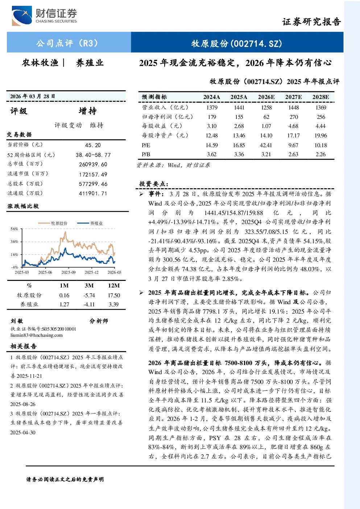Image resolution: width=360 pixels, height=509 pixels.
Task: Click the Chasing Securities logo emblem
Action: [22, 16]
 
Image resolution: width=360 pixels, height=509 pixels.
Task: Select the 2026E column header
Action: [266, 97]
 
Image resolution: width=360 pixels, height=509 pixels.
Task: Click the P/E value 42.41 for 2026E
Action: [266, 145]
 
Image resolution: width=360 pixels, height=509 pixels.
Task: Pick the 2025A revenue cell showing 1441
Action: [239, 107]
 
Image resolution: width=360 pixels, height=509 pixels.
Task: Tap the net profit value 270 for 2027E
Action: [294, 117]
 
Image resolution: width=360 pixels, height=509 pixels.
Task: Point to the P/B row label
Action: [146, 154]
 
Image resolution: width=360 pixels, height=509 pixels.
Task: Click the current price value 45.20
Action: [93, 145]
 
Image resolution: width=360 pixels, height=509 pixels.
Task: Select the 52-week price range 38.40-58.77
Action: [93, 155]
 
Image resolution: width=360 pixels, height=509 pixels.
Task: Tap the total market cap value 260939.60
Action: [93, 164]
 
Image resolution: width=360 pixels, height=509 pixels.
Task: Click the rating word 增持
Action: [88, 111]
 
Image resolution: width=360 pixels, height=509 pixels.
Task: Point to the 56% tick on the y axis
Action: [14, 229]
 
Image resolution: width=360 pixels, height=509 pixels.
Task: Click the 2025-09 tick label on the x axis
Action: [69, 272]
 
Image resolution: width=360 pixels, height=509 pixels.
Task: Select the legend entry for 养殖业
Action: [90, 223]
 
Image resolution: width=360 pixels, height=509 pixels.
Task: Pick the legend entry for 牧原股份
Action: [53, 223]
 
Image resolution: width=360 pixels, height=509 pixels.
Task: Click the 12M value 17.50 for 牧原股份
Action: [114, 295]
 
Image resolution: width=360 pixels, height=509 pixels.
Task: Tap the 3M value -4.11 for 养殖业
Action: [89, 304]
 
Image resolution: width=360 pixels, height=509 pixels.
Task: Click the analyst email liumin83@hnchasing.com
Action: [36, 335]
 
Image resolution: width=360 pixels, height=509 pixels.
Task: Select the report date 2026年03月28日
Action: [33, 96]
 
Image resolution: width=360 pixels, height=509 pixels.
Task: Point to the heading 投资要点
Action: [154, 184]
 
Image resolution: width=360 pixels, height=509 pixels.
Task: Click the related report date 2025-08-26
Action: [23, 404]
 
